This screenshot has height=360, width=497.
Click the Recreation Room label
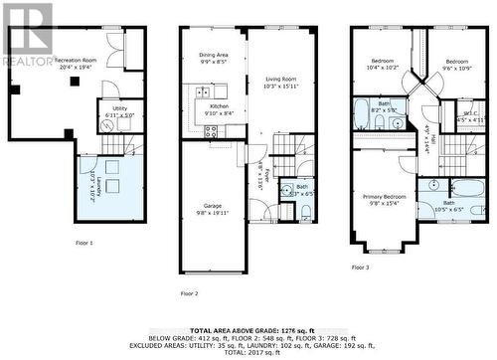pos(76,63)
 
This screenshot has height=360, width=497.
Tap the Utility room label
pos(119,111)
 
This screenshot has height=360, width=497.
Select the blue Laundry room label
pos(94,186)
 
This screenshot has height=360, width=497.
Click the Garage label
pos(211,209)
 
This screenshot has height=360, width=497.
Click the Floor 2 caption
pos(189,294)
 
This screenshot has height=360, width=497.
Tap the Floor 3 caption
pos(360,268)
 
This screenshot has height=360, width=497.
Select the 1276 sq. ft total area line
pos(248,330)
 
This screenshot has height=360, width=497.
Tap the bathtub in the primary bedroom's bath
pos(463,188)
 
